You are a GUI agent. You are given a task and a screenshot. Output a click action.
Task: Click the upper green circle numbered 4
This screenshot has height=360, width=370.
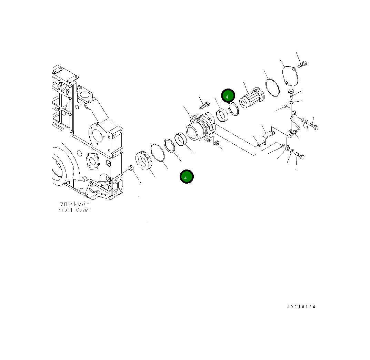click(x=228, y=96)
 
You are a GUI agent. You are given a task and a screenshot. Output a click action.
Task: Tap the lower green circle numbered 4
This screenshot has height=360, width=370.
click(x=187, y=177)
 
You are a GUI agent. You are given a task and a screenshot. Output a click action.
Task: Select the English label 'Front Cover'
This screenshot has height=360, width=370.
click(x=74, y=210)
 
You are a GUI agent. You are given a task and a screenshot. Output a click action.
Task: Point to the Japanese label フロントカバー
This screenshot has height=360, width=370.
click(x=74, y=204)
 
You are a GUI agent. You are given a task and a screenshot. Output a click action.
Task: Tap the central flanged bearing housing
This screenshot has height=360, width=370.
click(x=200, y=129)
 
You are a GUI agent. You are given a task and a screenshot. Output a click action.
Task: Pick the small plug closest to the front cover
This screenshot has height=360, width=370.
click(x=131, y=168)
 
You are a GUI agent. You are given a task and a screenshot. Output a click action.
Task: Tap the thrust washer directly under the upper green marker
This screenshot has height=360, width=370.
click(x=234, y=109)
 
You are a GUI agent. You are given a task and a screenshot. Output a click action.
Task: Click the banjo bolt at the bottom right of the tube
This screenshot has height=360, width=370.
click(x=299, y=157)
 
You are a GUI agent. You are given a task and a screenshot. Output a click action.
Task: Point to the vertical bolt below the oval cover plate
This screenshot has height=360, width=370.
click(x=291, y=93)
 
